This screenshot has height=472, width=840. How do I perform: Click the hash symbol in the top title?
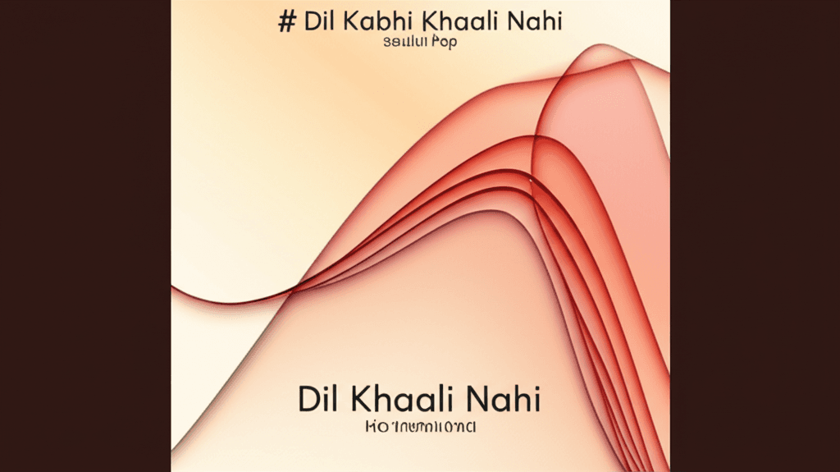point(286,21)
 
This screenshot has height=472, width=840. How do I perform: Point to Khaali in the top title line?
point(444,21)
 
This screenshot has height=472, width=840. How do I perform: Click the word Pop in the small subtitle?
point(445,42)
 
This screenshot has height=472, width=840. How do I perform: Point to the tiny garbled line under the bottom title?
point(419,428)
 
